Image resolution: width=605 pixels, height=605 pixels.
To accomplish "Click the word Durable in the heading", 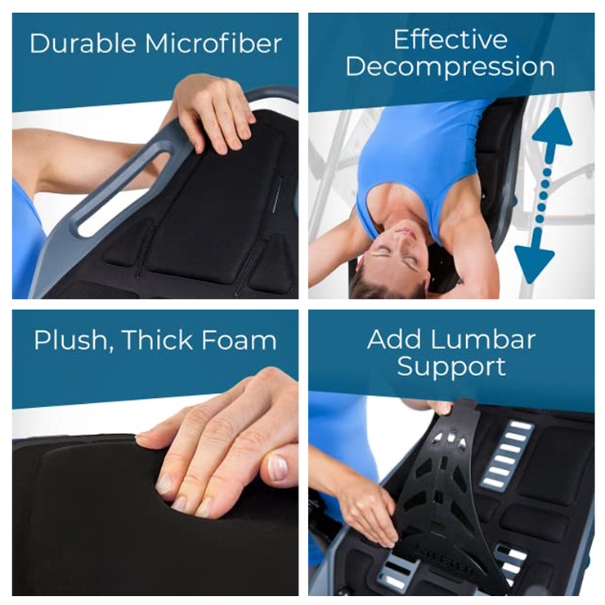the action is coord(83,43).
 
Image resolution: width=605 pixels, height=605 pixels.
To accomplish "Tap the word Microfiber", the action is coord(213,43).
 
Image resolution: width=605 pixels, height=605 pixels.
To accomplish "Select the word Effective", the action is coord(450,39).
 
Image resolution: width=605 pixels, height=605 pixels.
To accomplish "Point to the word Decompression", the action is coord(450,67).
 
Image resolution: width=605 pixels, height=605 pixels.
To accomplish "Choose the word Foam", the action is coord(239,340).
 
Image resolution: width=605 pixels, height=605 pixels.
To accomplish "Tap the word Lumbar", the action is coord(482,339).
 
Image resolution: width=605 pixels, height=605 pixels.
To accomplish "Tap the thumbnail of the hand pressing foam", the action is coord(277,468).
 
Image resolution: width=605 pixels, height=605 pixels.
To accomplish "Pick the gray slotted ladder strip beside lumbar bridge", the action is coord(506,455).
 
